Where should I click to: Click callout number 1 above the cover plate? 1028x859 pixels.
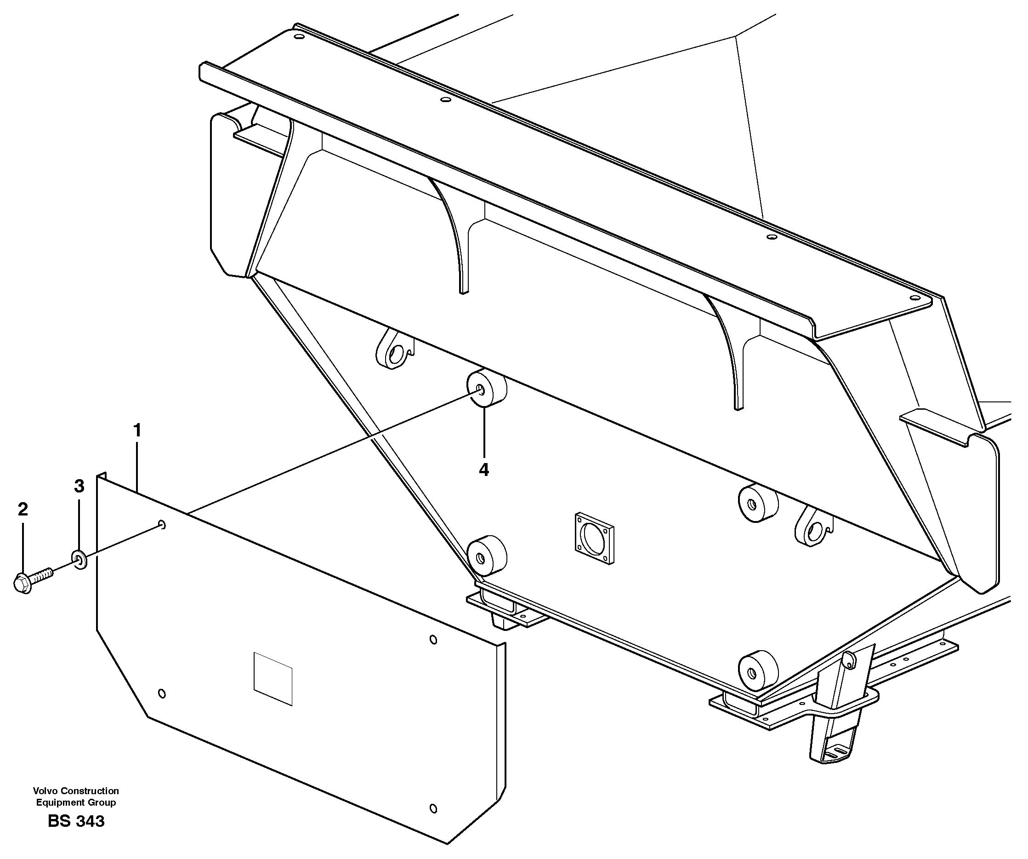[137, 431]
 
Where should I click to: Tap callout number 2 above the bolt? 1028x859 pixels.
[23, 510]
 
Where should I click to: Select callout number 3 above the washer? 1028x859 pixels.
[80, 487]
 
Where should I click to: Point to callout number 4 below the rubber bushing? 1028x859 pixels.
[483, 470]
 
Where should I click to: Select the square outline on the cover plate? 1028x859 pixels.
[273, 679]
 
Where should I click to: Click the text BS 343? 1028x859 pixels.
[76, 821]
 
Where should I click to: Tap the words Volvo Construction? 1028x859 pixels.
[76, 790]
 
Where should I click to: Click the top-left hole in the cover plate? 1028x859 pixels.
[163, 525]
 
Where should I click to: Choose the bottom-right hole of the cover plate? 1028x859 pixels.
[433, 808]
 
